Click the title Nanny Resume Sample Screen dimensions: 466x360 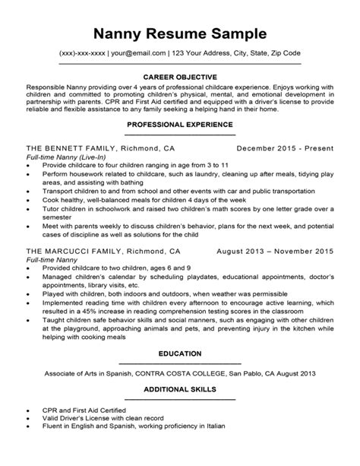[179, 33]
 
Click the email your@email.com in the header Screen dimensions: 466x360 [139, 53]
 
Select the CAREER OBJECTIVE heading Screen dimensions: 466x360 [180, 77]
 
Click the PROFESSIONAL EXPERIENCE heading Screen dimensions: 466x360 [180, 123]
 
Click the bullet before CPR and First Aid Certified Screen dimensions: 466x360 [28, 430]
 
